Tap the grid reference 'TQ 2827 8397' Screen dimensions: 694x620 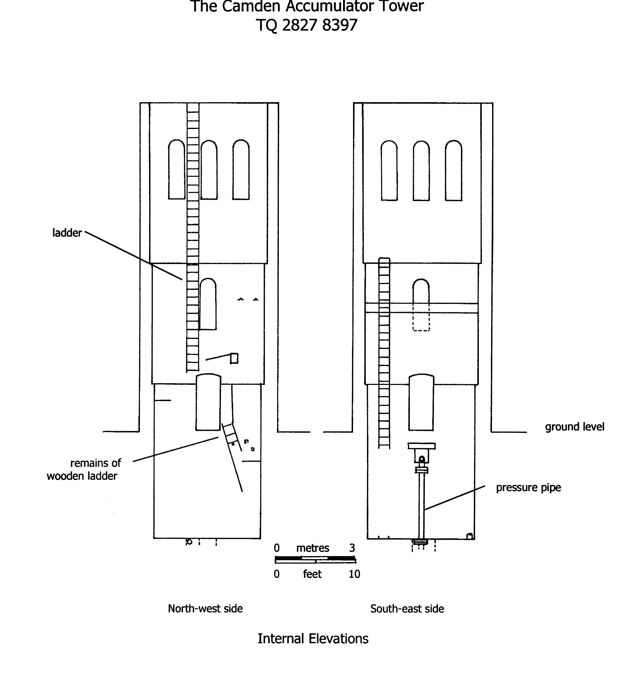pyautogui.click(x=307, y=25)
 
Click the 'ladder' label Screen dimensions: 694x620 pyautogui.click(x=67, y=233)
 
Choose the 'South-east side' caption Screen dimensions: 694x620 pyautogui.click(x=407, y=609)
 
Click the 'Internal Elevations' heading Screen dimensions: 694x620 pyautogui.click(x=313, y=638)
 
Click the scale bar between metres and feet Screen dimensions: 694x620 pyautogui.click(x=315, y=560)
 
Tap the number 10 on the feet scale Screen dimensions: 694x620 pyautogui.click(x=354, y=574)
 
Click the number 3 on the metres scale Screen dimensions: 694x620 pyautogui.click(x=352, y=548)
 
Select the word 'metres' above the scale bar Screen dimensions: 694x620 pyautogui.click(x=312, y=548)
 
